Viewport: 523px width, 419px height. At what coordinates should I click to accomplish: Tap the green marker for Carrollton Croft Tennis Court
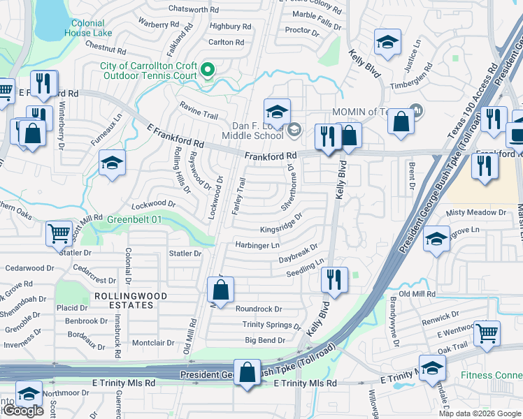point(207,69)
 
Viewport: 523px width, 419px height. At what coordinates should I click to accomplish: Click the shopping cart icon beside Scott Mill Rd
point(59,233)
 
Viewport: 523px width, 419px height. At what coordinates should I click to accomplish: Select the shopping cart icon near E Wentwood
point(487,333)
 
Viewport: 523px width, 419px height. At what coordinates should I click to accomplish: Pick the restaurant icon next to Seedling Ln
point(334,279)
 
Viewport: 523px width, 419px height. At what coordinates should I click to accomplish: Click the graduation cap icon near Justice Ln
point(387,43)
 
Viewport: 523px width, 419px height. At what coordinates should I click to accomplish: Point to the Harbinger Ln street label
point(257,245)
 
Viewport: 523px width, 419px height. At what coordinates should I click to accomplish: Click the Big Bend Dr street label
point(265,340)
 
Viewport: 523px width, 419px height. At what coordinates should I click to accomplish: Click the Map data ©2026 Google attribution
point(479,413)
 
